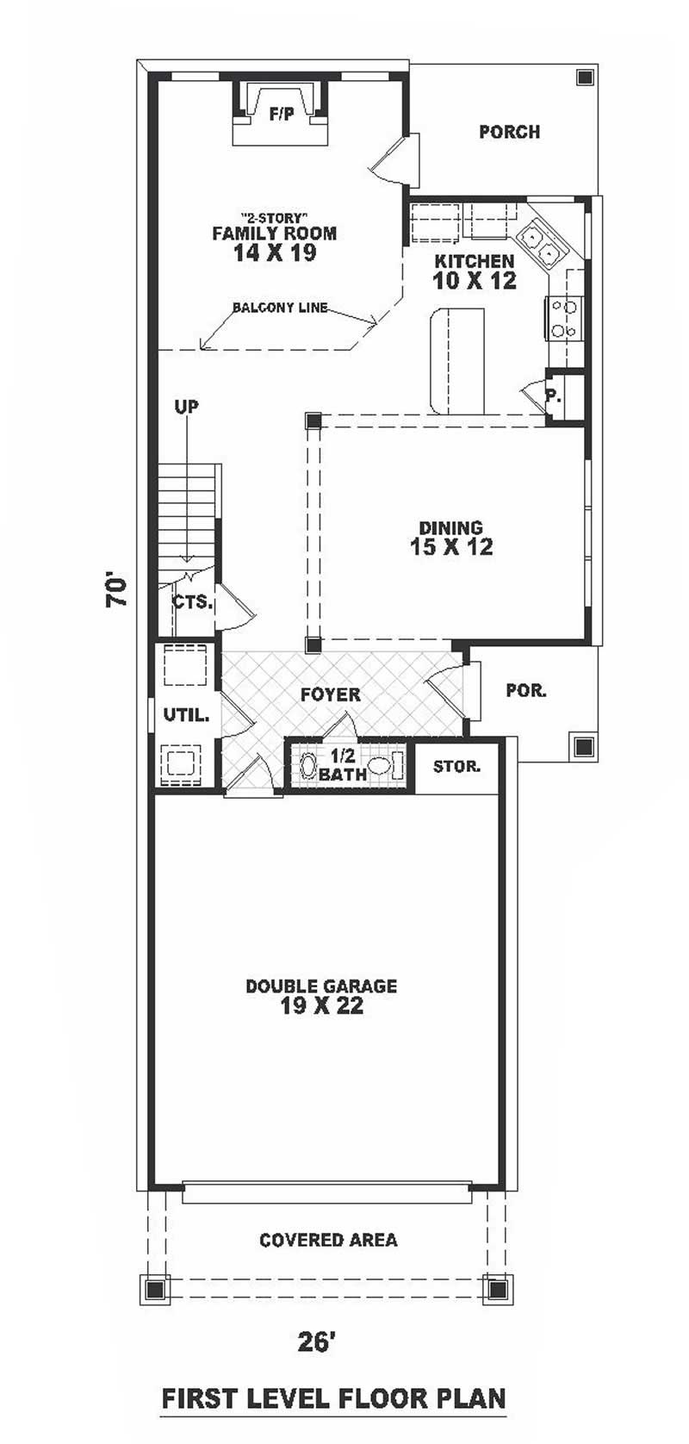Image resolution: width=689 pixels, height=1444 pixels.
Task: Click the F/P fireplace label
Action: (282, 113)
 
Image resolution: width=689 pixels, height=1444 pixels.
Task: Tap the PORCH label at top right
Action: (509, 132)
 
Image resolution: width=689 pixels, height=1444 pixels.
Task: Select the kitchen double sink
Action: (540, 242)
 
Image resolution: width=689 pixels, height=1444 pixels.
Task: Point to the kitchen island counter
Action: (456, 359)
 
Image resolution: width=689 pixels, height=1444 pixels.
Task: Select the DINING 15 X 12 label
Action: (450, 538)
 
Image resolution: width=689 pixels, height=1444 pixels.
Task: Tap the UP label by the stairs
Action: (186, 406)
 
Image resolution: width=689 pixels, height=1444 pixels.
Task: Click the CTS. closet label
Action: (192, 601)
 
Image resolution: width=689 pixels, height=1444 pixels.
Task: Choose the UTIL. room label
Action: (186, 714)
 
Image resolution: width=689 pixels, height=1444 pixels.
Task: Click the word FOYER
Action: (330, 694)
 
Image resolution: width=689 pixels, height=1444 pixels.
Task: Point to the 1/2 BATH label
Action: (342, 764)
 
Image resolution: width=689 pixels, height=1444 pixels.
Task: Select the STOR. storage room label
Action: (456, 766)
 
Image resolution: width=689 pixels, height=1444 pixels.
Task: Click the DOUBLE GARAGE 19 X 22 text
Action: (321, 996)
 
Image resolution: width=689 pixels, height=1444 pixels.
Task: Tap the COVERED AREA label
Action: (328, 1240)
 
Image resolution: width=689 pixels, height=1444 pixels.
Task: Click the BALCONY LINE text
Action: (279, 308)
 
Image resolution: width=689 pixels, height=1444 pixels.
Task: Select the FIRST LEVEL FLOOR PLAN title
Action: (333, 1397)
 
